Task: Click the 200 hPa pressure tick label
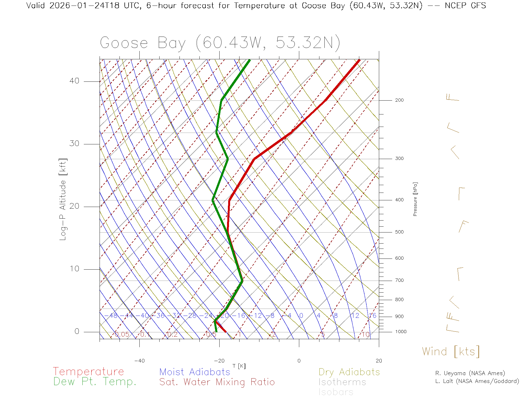tap(399, 100)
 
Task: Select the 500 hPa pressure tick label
tap(399, 232)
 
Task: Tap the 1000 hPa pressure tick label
tap(401, 332)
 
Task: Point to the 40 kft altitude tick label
tap(74, 81)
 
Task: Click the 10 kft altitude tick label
tap(74, 269)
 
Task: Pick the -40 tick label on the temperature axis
tap(139, 361)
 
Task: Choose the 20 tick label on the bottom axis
tap(379, 361)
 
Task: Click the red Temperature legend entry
tap(88, 372)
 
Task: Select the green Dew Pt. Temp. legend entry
tap(95, 382)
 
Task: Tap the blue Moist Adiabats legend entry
tap(195, 372)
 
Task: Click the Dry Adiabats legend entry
tap(349, 372)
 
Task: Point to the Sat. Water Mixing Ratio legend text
tap(217, 382)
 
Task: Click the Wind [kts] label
tap(451, 352)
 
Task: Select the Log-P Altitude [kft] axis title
tap(63, 199)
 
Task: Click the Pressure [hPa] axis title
tap(415, 199)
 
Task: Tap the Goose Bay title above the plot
tap(220, 43)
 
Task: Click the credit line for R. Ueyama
tap(470, 373)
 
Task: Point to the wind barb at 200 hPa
tap(452, 98)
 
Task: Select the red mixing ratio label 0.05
tap(122, 334)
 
